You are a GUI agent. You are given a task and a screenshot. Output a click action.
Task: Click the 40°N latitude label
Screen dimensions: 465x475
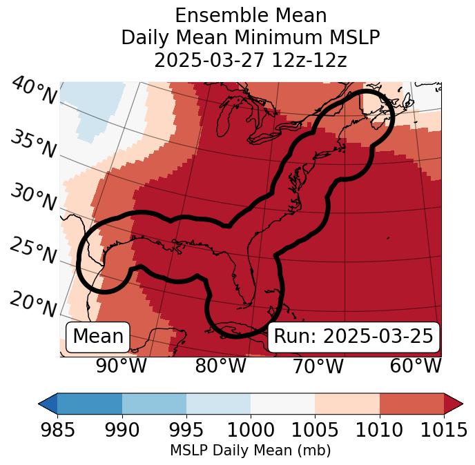pyautogui.click(x=34, y=91)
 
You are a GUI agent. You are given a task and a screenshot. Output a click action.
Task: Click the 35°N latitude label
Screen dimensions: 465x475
pyautogui.click(x=32, y=144)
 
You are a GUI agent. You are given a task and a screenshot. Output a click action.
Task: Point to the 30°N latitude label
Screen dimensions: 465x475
pyautogui.click(x=32, y=197)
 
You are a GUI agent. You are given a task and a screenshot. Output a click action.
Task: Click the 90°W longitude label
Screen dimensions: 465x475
pyautogui.click(x=122, y=366)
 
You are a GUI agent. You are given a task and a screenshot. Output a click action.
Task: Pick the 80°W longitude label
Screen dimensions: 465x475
pyautogui.click(x=220, y=366)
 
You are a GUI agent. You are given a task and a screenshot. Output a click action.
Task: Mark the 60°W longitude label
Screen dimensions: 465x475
pyautogui.click(x=415, y=366)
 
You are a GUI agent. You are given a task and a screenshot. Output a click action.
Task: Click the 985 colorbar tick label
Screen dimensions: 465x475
pyautogui.click(x=57, y=430)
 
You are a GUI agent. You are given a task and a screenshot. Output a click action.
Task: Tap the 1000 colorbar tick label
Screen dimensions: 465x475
pyautogui.click(x=251, y=430)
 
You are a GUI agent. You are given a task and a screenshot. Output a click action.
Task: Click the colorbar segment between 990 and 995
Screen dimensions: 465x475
pyautogui.click(x=154, y=403)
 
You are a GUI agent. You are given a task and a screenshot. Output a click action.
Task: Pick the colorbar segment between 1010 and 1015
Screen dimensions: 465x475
pyautogui.click(x=411, y=403)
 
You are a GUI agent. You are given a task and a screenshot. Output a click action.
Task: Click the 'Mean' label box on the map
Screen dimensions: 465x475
pyautogui.click(x=98, y=337)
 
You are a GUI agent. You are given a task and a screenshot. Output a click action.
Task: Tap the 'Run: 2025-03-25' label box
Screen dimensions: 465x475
pyautogui.click(x=353, y=337)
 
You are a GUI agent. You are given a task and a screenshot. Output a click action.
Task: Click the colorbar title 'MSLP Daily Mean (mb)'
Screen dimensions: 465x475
pyautogui.click(x=251, y=451)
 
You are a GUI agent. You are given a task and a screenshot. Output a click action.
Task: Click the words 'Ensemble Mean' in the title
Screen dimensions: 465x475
pyautogui.click(x=251, y=16)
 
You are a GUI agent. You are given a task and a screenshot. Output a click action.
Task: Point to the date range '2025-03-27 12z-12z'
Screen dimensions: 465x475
pyautogui.click(x=251, y=60)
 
